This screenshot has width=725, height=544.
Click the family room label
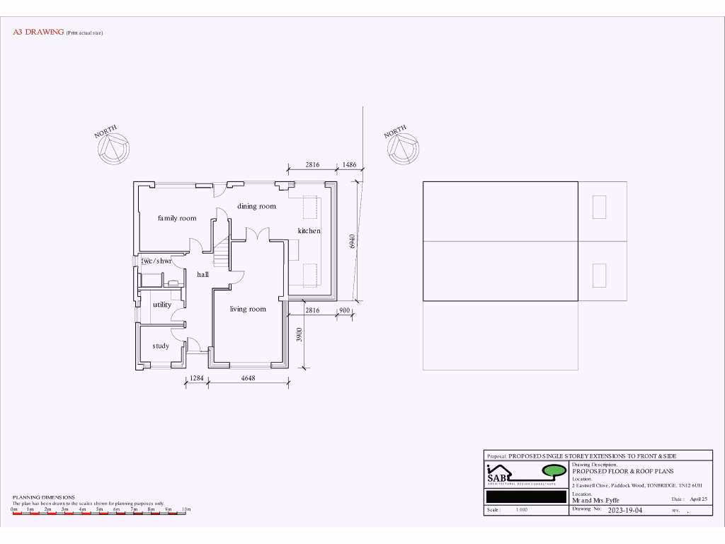point(177,218)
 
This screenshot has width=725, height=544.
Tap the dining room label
point(256,206)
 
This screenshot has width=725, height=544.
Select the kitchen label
point(309,231)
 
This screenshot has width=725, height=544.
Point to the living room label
point(248,309)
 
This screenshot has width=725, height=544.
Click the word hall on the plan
point(203,273)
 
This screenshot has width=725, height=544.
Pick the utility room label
point(162,305)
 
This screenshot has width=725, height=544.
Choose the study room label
point(161,346)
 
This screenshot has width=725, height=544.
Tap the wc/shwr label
point(156,261)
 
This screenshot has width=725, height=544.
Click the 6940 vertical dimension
point(352,241)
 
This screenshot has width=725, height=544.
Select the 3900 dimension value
point(299,336)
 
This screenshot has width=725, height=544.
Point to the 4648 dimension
point(248,379)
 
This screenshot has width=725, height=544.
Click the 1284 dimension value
point(196,379)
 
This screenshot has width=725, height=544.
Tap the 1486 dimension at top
point(349,164)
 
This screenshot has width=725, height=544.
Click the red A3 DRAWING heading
point(39,33)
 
